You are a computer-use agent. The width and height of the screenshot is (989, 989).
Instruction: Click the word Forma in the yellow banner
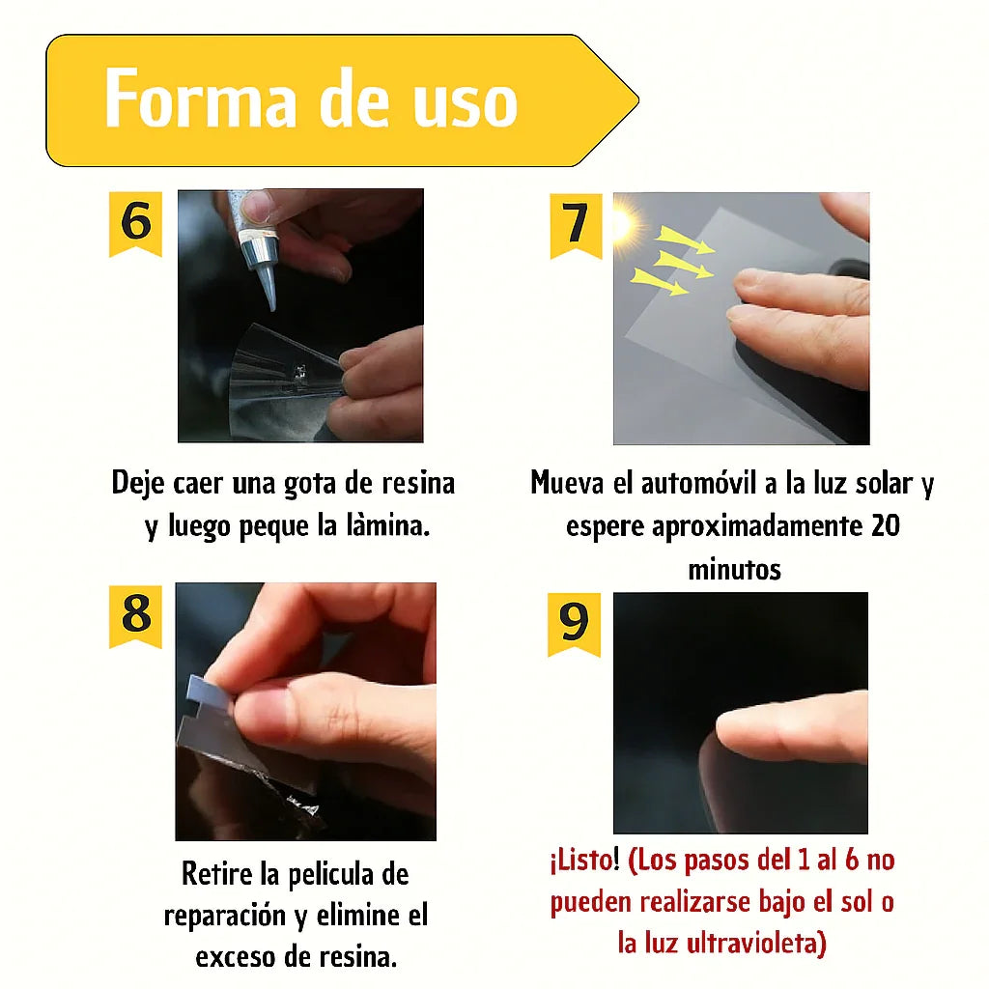click(200, 99)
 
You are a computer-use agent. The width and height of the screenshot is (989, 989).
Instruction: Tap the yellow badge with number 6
click(135, 222)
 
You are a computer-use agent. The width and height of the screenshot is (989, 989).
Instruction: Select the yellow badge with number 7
click(576, 224)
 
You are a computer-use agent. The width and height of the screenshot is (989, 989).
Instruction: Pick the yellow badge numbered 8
click(135, 614)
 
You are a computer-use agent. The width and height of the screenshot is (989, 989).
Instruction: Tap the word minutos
click(734, 569)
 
